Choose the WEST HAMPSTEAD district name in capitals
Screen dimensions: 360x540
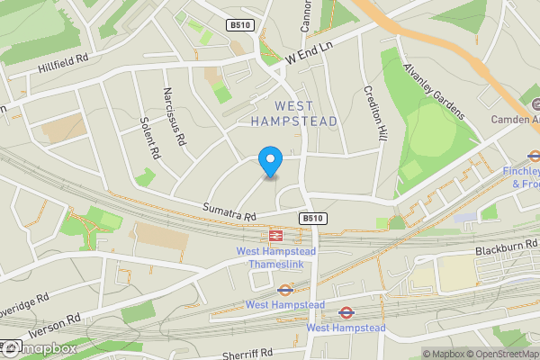point(294,112)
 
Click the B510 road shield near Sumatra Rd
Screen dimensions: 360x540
point(311,218)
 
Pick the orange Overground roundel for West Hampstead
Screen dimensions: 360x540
point(285,290)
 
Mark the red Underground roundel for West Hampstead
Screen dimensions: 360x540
point(346,313)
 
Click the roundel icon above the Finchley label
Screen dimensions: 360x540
point(534,154)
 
